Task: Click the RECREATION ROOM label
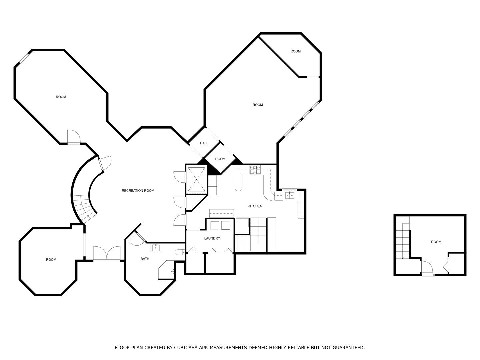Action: [138, 191]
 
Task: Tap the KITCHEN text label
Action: [255, 206]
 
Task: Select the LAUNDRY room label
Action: [212, 238]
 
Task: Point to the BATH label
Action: [145, 259]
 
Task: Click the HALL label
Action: [204, 143]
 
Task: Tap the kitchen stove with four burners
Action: [255, 170]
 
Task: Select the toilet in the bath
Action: [180, 252]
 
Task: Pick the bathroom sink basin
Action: [156, 248]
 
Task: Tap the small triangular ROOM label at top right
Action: [295, 51]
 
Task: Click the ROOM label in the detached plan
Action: [436, 242]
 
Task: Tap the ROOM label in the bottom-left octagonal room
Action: [51, 260]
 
